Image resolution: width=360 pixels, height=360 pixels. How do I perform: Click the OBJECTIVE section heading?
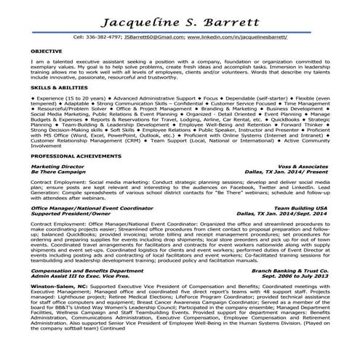(47, 52)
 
